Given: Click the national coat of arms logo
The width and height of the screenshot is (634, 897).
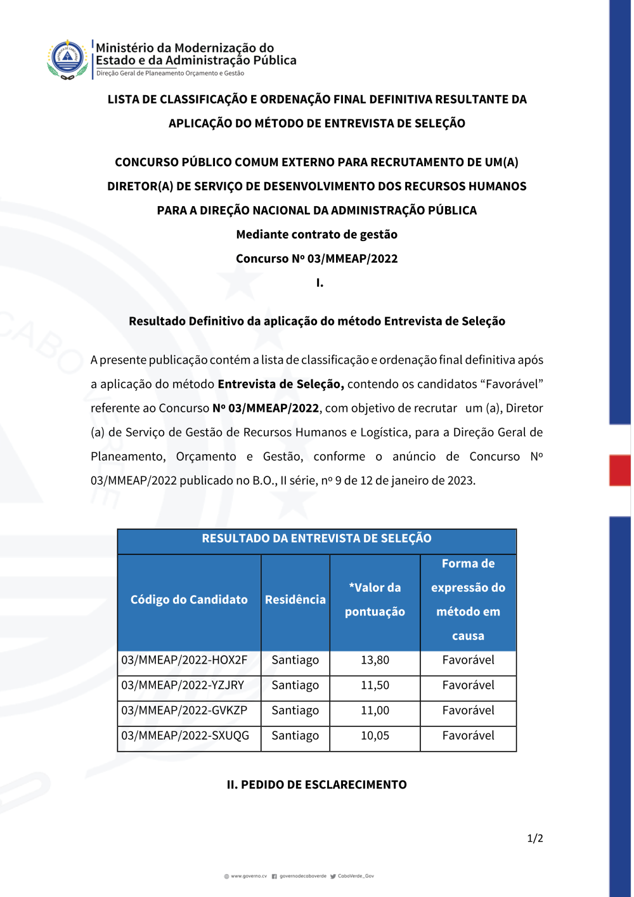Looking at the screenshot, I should [x=67, y=59].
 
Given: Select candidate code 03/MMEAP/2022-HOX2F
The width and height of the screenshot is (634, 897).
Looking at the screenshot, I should [x=184, y=660].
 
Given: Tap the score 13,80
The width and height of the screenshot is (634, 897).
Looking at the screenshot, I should [x=375, y=660].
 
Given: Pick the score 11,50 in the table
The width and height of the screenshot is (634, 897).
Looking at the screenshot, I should [x=375, y=686].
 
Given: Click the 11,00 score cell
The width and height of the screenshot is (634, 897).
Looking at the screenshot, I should [x=375, y=711].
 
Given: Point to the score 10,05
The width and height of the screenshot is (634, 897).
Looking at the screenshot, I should [x=375, y=736].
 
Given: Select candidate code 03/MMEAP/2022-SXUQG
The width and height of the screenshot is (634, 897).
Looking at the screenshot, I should [x=185, y=736].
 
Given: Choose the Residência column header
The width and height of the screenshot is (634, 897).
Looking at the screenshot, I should [x=295, y=600].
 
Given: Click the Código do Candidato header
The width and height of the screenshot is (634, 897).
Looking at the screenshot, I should [x=189, y=600].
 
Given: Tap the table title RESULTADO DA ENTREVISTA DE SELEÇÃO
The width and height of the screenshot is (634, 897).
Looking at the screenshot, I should [x=316, y=539].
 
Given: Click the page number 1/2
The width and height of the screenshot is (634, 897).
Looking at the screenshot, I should [x=535, y=839].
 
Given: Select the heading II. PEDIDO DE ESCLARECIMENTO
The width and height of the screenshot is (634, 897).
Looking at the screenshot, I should [x=316, y=785].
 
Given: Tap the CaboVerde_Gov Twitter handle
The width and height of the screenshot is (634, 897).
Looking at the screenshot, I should [x=356, y=876].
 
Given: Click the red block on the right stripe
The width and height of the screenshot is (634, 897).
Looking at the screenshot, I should [x=620, y=470].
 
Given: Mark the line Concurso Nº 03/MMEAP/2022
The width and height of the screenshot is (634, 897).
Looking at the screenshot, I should [x=316, y=259].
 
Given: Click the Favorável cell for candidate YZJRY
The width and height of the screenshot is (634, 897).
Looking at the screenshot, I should [x=468, y=686].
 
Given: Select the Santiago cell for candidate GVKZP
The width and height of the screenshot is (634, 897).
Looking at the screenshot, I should [x=295, y=711].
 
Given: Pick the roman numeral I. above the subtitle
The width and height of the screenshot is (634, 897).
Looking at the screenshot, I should [x=320, y=283].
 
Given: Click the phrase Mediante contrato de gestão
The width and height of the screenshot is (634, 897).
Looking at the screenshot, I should [x=316, y=235].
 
